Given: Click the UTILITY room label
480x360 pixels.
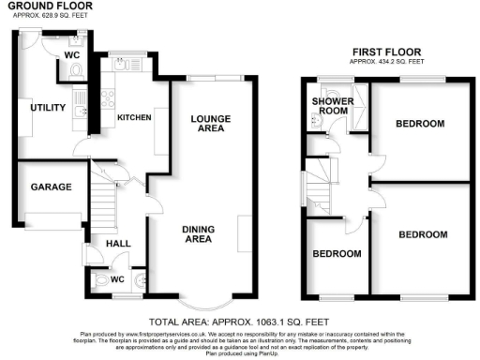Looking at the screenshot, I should point(47,108).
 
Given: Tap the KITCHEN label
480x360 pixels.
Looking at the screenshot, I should point(133,117).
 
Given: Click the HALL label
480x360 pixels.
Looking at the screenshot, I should point(119,244).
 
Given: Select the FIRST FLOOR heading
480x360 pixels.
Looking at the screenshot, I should point(385,52).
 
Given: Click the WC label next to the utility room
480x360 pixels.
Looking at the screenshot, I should point(70,54).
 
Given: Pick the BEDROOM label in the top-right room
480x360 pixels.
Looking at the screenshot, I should point(418,124).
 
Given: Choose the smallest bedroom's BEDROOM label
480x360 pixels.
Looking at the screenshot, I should point(337,254).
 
